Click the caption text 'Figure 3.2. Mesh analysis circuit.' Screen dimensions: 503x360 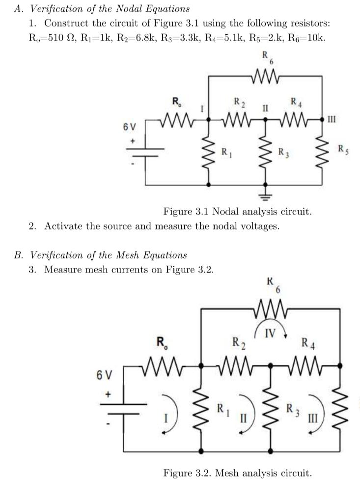[237, 473]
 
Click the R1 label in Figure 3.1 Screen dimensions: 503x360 [226, 150]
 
